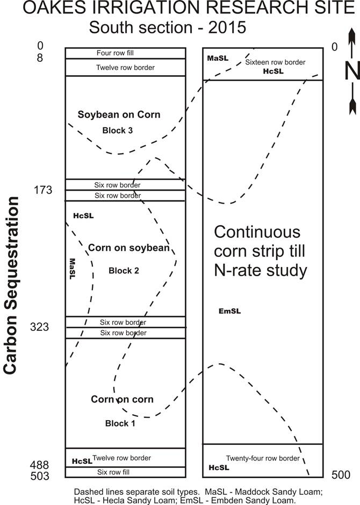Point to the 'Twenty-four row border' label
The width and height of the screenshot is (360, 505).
[262, 458]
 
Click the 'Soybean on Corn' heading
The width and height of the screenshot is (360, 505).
[119, 114]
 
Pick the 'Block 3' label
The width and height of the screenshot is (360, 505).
[117, 131]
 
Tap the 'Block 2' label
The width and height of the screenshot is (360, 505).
[124, 271]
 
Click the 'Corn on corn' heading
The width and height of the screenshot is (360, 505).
[122, 399]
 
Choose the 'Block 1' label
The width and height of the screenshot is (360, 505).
[120, 423]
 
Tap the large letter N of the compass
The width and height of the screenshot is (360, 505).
[352, 70]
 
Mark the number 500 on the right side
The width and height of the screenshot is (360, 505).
[341, 475]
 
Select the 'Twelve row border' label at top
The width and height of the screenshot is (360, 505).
[125, 68]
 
